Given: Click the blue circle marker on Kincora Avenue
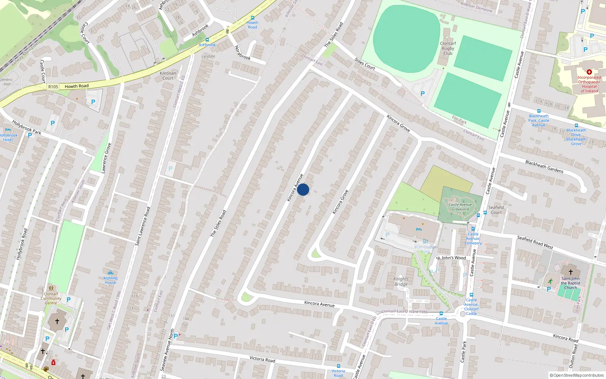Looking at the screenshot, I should tap(303, 189).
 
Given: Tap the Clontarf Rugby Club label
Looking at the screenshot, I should tap(448, 49).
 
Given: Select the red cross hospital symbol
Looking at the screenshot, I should tap(589, 72).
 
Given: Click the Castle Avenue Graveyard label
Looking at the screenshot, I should tap(460, 207).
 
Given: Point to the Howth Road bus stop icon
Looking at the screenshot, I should tap(253, 18).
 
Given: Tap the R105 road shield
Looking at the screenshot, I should tap(53, 87).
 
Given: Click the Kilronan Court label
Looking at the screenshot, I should tap(168, 75).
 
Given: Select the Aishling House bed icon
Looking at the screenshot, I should tap(110, 273).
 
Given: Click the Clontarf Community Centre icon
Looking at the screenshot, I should tap(51, 288).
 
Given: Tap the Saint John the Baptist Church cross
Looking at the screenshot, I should tap(570, 272).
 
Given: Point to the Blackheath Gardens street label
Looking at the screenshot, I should tap(544, 167).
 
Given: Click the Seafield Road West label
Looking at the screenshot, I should tap(535, 242).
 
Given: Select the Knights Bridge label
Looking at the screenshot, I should tap(401, 281).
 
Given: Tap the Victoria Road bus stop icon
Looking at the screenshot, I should tap(338, 366).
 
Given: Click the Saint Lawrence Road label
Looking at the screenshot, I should tap(142, 226).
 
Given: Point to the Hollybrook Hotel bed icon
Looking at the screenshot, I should tap(8, 130).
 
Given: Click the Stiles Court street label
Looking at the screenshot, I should tap(364, 64).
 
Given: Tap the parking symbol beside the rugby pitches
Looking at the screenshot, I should tap(423, 94).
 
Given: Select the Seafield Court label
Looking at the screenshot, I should tap(496, 210).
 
